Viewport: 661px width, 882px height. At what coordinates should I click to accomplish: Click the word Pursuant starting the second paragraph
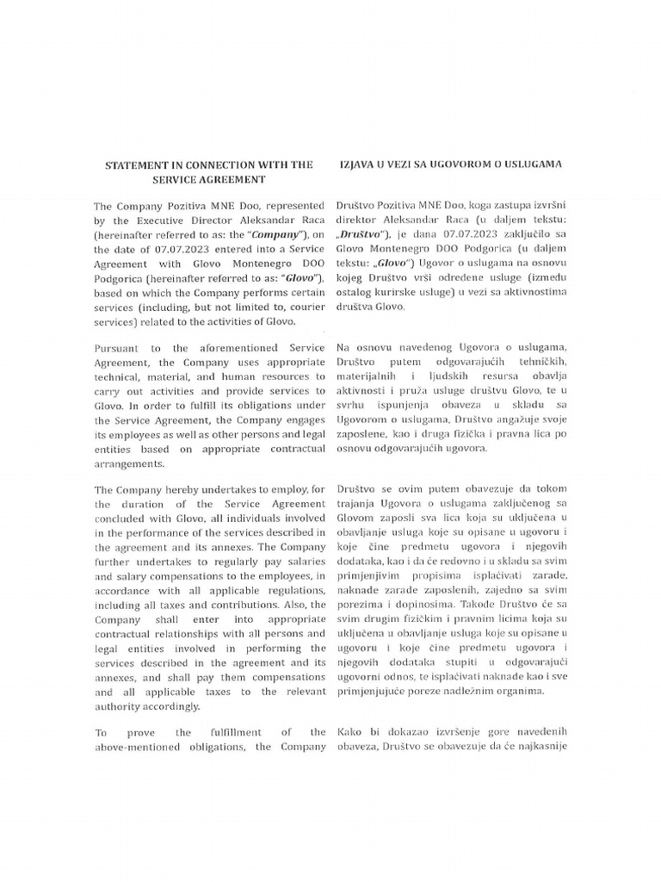pyautogui.click(x=120, y=348)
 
